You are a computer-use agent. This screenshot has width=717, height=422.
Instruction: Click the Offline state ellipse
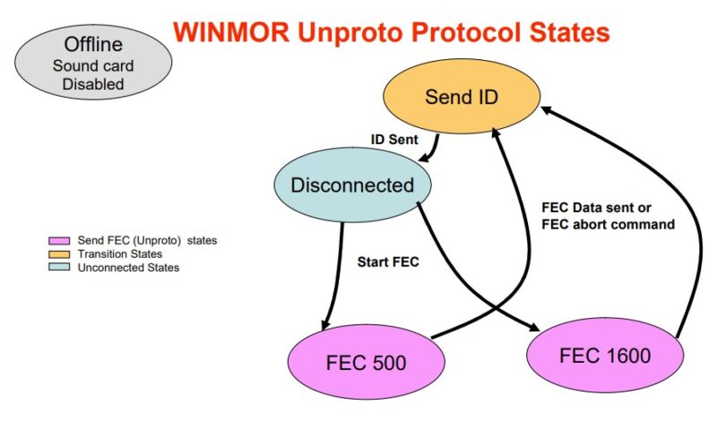[x=87, y=64]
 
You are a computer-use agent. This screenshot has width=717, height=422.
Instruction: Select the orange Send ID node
[x=461, y=97]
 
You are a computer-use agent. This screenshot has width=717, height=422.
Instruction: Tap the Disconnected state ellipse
[x=351, y=185]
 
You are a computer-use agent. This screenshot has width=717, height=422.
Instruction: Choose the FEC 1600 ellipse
[x=604, y=356]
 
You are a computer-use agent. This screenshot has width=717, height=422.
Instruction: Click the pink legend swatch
[x=60, y=241]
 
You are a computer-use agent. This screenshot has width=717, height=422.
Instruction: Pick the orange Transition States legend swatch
[x=60, y=254]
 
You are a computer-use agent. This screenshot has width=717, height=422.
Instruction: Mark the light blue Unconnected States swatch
[x=60, y=268]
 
